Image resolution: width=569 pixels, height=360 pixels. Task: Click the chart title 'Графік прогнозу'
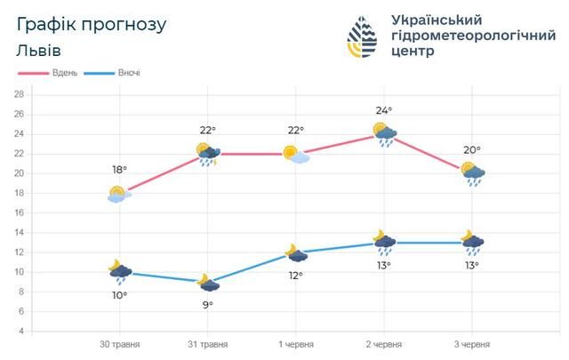(x=91, y=25)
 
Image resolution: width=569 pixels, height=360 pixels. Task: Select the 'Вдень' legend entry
(x=63, y=73)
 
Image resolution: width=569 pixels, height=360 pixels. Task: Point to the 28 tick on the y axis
(x=19, y=93)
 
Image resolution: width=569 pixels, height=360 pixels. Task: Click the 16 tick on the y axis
(x=19, y=212)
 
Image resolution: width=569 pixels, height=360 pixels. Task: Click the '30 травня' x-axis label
(x=117, y=343)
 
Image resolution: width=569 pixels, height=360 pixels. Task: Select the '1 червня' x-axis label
(x=293, y=343)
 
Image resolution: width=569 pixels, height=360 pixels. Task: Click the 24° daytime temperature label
(x=384, y=111)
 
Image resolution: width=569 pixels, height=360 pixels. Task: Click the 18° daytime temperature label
(x=119, y=170)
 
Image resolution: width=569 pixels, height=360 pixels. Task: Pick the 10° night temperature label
(x=119, y=294)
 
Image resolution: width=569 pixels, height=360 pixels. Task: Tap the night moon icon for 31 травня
(x=207, y=283)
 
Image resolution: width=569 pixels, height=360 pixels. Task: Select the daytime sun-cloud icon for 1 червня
(x=296, y=155)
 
